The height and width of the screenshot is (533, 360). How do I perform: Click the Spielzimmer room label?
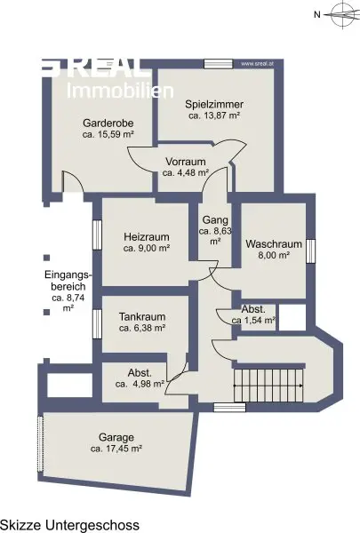[214, 104]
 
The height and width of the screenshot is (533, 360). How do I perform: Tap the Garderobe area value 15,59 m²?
[116, 134]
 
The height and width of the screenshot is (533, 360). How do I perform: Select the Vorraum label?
[186, 162]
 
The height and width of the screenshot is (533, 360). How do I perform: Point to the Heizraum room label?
[147, 237]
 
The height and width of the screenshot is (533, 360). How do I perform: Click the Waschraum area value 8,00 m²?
[274, 255]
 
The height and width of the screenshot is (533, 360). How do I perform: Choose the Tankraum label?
[142, 317]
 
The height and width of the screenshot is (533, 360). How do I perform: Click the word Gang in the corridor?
[215, 220]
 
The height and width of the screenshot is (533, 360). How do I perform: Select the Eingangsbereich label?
[68, 281]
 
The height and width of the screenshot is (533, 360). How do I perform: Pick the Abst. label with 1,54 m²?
[253, 309]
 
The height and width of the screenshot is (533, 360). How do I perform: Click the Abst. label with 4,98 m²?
[140, 373]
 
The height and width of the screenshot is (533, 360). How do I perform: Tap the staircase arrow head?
[301, 386]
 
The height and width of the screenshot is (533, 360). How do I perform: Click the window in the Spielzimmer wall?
[218, 64]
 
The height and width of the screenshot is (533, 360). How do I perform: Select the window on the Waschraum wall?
[310, 251]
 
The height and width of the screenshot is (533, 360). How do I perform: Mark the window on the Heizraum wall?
[97, 235]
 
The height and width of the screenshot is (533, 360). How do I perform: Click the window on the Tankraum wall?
[97, 324]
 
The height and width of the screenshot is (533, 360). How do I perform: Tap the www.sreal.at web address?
[257, 64]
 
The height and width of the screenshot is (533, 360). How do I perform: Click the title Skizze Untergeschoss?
[69, 525]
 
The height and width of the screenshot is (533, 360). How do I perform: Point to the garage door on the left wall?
[41, 442]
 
